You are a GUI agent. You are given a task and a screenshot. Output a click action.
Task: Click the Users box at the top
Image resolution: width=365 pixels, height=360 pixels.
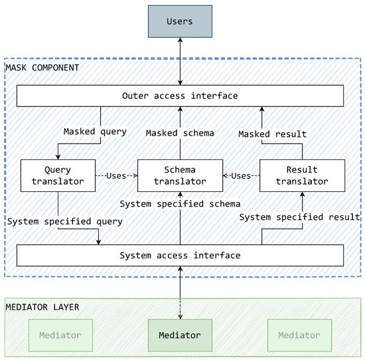[180, 21]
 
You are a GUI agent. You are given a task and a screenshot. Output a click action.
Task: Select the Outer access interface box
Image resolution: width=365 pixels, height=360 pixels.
[180, 96]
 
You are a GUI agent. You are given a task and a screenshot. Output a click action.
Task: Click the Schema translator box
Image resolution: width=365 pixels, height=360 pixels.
[180, 176]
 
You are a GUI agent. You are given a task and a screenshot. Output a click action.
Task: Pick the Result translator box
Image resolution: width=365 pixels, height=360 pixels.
[302, 176]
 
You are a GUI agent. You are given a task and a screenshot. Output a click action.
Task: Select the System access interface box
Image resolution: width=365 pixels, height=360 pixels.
[180, 255]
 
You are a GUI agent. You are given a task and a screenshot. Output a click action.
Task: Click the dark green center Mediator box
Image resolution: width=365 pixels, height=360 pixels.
[180, 335]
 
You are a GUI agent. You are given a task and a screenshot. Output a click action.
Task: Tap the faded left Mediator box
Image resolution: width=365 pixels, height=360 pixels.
[60, 335]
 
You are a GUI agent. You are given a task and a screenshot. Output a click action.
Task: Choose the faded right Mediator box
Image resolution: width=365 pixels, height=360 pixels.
[299, 335]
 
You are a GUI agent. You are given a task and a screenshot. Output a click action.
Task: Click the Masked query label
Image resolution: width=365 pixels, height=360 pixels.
[95, 132]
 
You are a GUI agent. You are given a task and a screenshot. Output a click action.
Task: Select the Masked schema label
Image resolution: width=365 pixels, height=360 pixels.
[180, 134]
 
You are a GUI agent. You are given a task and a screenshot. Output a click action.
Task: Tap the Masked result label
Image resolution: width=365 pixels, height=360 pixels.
[273, 134]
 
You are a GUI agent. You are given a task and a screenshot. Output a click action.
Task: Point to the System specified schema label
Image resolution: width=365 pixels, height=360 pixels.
[180, 204]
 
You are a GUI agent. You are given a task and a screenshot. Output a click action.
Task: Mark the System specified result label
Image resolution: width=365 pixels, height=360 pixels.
[299, 217]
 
